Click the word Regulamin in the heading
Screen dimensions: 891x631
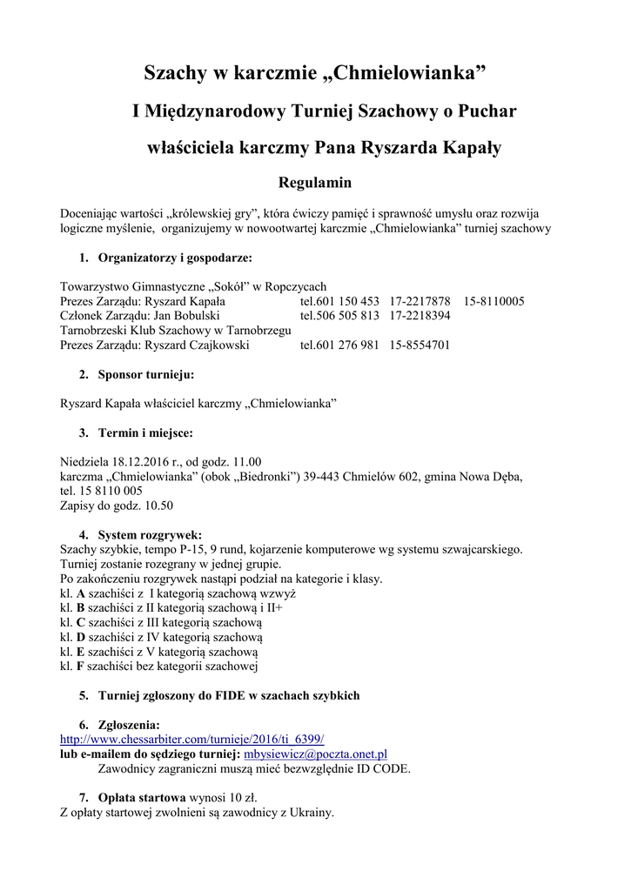[x=314, y=183]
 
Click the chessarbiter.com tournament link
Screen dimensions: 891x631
[x=191, y=739]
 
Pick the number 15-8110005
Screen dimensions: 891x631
[x=493, y=301]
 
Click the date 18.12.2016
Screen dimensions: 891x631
[x=139, y=462]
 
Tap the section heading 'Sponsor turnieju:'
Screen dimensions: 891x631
[x=146, y=375]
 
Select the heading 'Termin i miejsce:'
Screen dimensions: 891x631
[x=145, y=432]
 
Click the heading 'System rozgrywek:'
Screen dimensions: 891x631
[x=150, y=534]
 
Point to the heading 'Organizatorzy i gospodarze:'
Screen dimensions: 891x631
[x=175, y=258]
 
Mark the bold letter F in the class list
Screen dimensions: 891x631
[x=80, y=667]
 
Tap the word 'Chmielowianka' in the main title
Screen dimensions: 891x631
[x=410, y=72]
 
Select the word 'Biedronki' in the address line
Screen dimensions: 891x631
[x=265, y=477]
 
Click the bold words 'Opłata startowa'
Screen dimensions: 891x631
[x=142, y=797]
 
